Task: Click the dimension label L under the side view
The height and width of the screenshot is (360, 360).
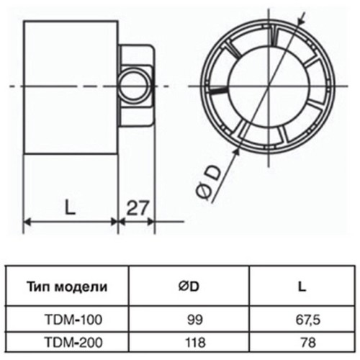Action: coord(70,209)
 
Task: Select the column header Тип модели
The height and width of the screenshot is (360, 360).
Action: coord(68,286)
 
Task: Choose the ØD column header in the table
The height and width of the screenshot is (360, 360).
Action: coord(189,286)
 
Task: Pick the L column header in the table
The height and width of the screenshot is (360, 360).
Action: coord(300,286)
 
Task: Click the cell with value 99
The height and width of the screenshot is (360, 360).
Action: coord(189,317)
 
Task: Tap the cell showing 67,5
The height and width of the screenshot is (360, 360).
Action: coord(300,317)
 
